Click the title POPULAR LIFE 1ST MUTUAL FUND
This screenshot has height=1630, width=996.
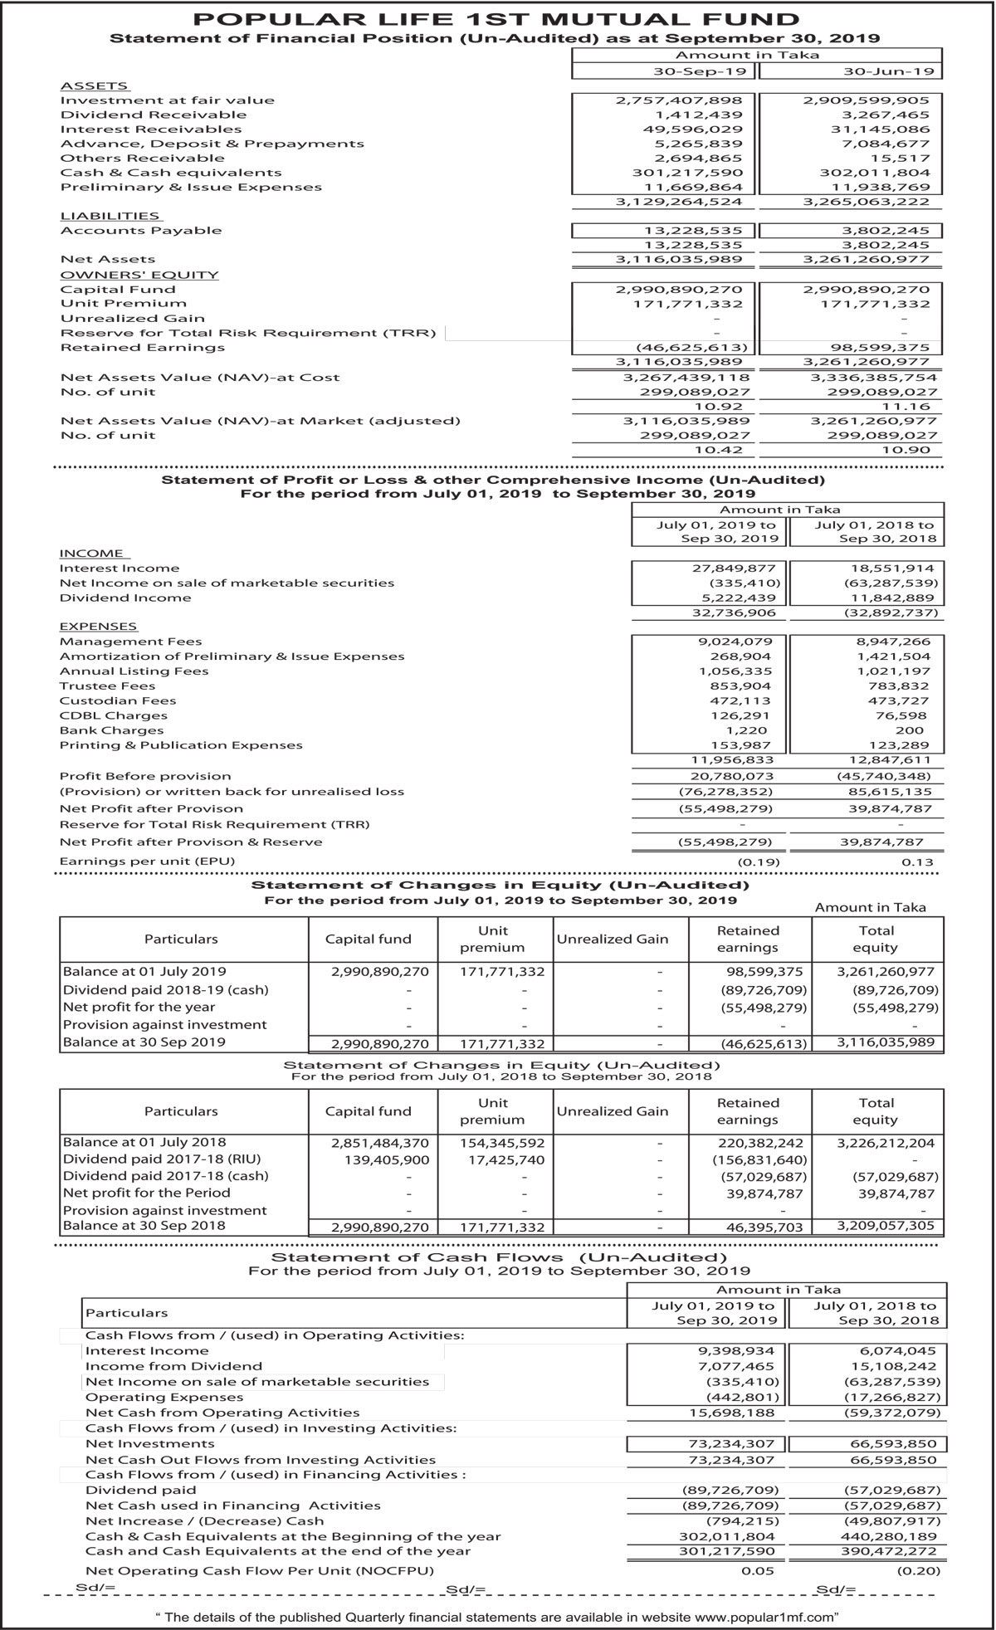pos(496,19)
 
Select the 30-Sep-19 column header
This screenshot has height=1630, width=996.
pos(663,71)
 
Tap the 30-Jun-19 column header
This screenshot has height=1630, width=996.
pos(852,71)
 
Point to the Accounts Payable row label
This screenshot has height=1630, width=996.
pos(141,231)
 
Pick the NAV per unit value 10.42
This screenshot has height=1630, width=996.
pos(724,450)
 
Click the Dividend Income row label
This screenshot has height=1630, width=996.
pos(125,598)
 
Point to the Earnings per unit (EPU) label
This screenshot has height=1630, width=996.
pos(147,861)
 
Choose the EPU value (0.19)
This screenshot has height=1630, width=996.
pos(759,861)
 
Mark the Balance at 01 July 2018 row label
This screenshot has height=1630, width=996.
pos(144,1142)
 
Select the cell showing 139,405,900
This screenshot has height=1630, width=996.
pos(387,1159)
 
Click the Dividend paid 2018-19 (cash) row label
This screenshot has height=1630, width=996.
pos(166,989)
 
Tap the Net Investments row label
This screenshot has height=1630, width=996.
pos(139,1444)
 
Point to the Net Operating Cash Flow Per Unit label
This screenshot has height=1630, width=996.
pos(260,1571)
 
